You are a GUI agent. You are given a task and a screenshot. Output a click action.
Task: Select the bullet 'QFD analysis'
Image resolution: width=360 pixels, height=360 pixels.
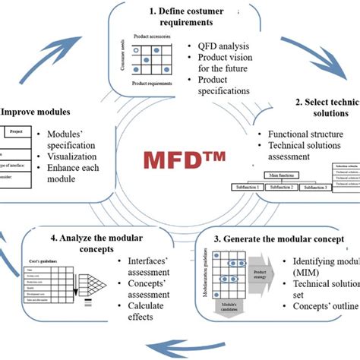click(x=224, y=44)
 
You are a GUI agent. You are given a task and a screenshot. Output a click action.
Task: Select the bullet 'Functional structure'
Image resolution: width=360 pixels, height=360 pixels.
click(x=300, y=134)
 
